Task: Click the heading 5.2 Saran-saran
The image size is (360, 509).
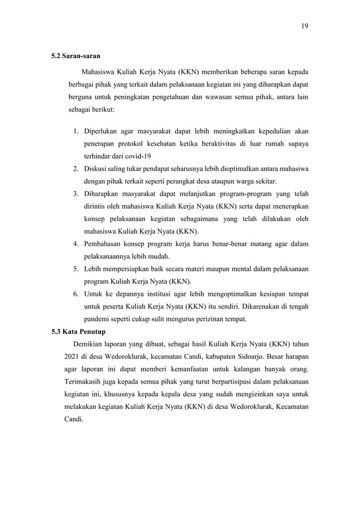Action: (77, 56)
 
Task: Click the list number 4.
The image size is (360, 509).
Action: (74, 244)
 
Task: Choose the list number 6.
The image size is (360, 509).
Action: (74, 294)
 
